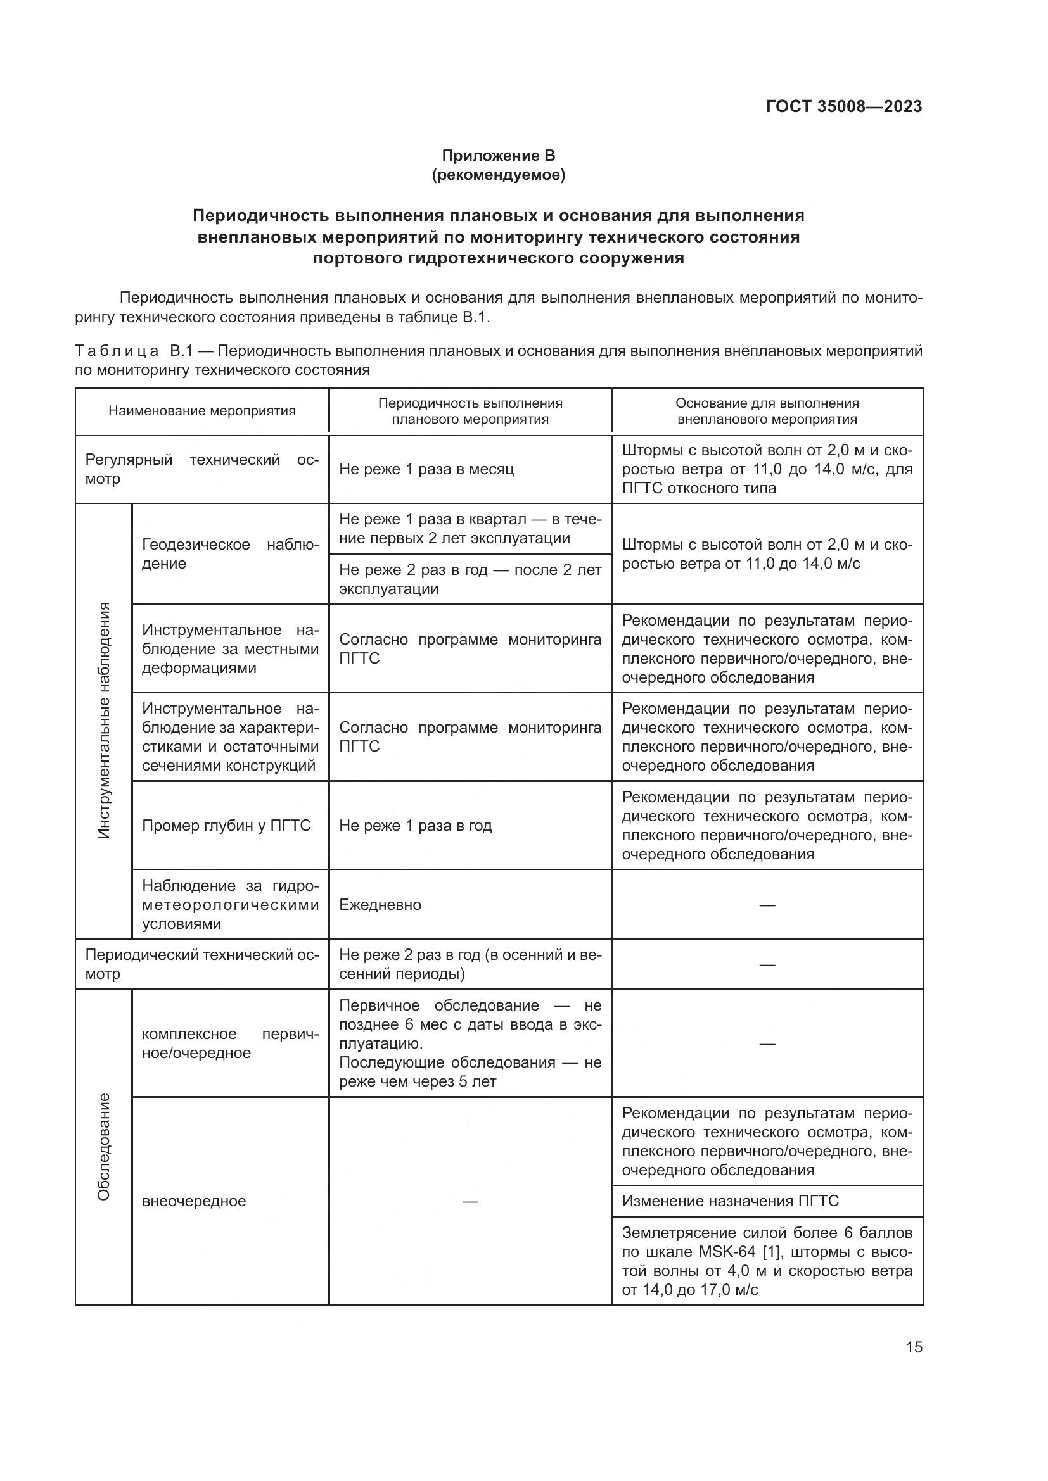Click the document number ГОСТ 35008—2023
pyautogui.click(x=843, y=106)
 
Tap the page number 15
pyautogui.click(x=914, y=1347)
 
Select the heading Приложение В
pyautogui.click(x=498, y=156)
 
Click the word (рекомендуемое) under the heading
pyautogui.click(x=498, y=175)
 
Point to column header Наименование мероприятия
pyautogui.click(x=202, y=411)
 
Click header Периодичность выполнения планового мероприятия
pyautogui.click(x=470, y=411)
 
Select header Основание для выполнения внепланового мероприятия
pyautogui.click(x=767, y=411)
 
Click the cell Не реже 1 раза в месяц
pyautogui.click(x=426, y=469)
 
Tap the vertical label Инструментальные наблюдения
pyautogui.click(x=104, y=721)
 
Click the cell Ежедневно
pyautogui.click(x=380, y=904)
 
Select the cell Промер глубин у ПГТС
pyautogui.click(x=226, y=826)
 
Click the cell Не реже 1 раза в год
pyautogui.click(x=415, y=826)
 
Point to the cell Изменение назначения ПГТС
pyautogui.click(x=730, y=1201)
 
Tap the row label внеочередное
pyautogui.click(x=194, y=1201)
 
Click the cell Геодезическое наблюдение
pyautogui.click(x=231, y=553)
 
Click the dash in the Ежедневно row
pyautogui.click(x=767, y=905)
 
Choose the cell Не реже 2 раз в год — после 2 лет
pyautogui.click(x=470, y=579)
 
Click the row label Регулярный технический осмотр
pyautogui.click(x=202, y=469)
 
